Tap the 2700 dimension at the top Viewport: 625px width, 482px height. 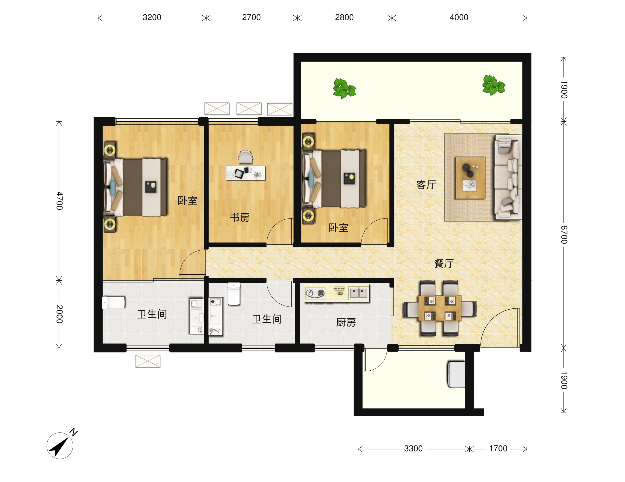coord(251,17)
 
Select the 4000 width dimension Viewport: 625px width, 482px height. coord(459,17)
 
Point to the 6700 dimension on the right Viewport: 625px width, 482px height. coord(564,234)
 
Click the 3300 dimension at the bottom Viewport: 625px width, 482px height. coord(413,448)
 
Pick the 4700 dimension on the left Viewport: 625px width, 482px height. coord(59,201)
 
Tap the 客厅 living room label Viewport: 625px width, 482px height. coord(426,185)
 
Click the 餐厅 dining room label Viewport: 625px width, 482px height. coord(444,263)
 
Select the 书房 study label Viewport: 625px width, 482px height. coord(240,218)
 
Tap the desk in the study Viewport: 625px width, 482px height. coord(246,173)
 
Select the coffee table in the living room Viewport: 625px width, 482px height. coord(470,178)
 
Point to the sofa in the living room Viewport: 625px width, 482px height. coord(508,177)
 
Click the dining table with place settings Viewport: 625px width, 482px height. coord(440,308)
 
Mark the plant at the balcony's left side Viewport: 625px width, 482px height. coord(344,88)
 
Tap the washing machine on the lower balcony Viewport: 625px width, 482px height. coord(456,375)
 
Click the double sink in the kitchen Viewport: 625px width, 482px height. coord(359,293)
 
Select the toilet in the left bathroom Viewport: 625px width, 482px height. coord(114,303)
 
